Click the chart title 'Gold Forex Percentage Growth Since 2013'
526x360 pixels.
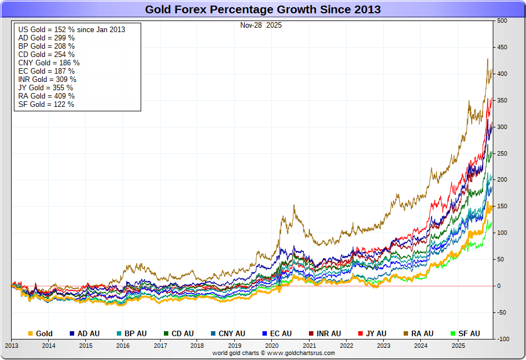pos(262,9)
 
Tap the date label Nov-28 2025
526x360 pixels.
pos(261,25)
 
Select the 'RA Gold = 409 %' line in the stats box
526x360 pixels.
pos(47,96)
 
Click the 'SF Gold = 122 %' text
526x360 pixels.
pos(46,104)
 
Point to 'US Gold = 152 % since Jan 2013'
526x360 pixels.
pos(71,29)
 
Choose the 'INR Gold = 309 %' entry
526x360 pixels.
pos(47,79)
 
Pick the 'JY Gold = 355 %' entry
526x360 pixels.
pos(45,88)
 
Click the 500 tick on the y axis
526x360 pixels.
pos(502,21)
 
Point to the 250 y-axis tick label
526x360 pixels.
pos(502,153)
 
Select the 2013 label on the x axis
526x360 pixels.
pos(12,346)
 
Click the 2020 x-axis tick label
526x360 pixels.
pos(272,346)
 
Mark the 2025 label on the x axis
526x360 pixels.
pos(458,346)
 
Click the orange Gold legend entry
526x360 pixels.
pos(40,333)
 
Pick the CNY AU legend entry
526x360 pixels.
pos(228,333)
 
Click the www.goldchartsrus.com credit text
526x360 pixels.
pos(274,353)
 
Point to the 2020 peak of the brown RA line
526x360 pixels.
pos(293,205)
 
